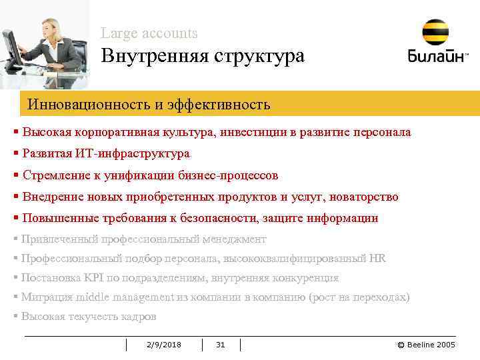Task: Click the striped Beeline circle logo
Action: pyautogui.click(x=435, y=32)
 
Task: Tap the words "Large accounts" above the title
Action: pyautogui.click(x=149, y=33)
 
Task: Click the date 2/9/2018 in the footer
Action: pyautogui.click(x=163, y=344)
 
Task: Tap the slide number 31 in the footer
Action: pyautogui.click(x=221, y=344)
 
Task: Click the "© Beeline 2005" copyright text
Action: pyautogui.click(x=426, y=344)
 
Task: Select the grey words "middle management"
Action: pyautogui.click(x=123, y=297)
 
